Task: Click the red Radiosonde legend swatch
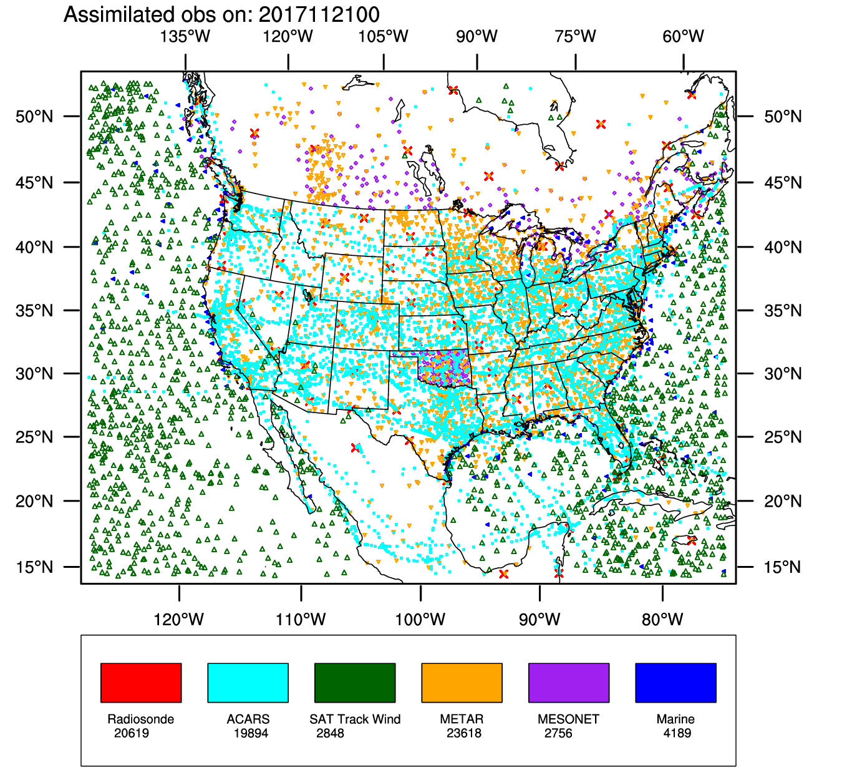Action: [141, 683]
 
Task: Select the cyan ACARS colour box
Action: [248, 683]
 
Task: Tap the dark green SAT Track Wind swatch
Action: [355, 683]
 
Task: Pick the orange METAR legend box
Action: [462, 683]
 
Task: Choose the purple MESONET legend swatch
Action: [569, 683]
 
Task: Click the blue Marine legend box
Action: [675, 683]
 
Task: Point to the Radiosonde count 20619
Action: [132, 733]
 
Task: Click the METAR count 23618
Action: [464, 733]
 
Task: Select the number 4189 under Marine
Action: [677, 733]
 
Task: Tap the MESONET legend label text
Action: [568, 719]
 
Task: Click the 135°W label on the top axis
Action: [185, 36]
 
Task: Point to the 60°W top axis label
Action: [684, 36]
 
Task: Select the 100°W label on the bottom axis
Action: [420, 619]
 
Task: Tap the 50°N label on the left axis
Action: [34, 117]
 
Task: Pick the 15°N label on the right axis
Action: [783, 567]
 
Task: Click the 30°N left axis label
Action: [34, 374]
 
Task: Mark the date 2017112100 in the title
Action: [319, 14]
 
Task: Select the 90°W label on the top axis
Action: [477, 36]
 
